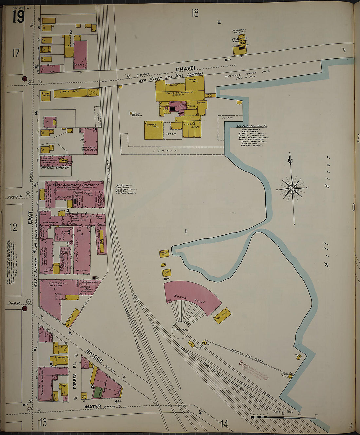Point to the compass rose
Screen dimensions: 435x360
[292, 189]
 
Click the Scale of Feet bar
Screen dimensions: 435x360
[283, 417]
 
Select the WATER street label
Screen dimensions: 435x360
[93, 407]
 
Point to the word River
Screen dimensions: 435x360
[327, 172]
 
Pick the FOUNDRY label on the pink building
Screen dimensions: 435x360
[58, 283]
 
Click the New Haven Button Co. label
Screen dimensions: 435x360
[55, 168]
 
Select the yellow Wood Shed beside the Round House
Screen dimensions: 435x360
[222, 316]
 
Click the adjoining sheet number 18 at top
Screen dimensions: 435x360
[195, 13]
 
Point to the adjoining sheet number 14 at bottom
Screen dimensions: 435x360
[224, 424]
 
